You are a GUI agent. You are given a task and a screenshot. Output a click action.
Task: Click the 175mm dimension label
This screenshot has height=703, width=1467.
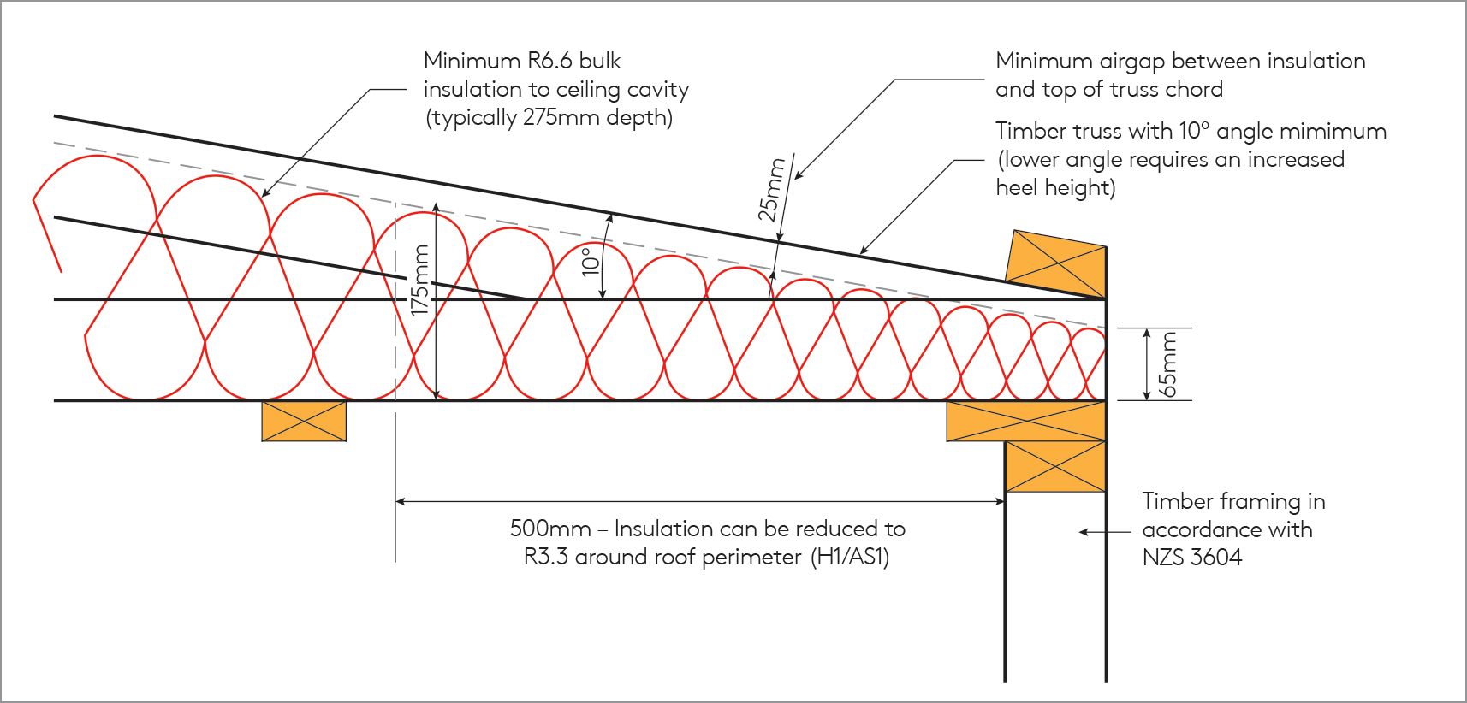419,281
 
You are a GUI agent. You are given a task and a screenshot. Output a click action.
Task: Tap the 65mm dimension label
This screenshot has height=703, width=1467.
1168,363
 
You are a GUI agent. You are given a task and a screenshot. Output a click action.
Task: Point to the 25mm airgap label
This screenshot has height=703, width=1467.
771,190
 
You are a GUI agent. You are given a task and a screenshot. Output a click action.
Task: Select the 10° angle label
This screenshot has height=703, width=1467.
591,261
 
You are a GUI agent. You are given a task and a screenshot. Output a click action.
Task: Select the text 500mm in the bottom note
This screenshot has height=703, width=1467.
549,529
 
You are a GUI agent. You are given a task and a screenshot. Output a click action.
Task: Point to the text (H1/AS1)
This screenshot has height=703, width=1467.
850,558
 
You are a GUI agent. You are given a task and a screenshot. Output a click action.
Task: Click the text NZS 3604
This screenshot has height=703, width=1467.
1192,558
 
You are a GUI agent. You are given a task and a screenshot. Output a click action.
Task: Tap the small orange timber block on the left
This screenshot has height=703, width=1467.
304,421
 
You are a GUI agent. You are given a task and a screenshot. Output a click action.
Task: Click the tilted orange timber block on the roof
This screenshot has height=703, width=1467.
1055,259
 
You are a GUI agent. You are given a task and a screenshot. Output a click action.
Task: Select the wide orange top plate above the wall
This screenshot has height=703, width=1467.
1025,421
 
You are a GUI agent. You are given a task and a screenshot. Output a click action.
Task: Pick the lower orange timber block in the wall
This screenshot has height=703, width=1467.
1055,466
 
